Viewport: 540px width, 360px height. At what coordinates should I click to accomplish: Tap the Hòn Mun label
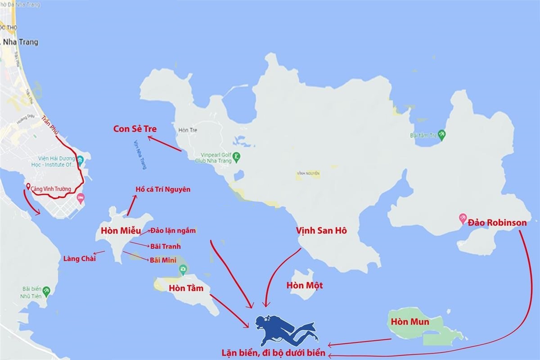409,322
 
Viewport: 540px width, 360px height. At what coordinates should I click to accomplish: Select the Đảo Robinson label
497,222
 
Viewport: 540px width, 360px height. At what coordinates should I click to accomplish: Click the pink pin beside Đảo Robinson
462,219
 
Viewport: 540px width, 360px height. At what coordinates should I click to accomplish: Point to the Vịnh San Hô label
321,230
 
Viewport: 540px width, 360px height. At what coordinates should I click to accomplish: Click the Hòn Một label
304,285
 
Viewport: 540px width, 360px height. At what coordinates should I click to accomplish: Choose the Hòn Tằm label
182,288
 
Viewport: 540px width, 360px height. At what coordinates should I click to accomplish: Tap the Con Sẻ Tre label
135,129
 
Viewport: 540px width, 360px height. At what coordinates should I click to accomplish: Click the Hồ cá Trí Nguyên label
163,189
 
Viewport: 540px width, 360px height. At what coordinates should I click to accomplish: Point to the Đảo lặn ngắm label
173,230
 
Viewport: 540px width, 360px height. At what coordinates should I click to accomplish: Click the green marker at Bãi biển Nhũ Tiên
46,290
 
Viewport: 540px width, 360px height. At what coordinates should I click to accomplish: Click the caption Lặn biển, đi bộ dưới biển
273,352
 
